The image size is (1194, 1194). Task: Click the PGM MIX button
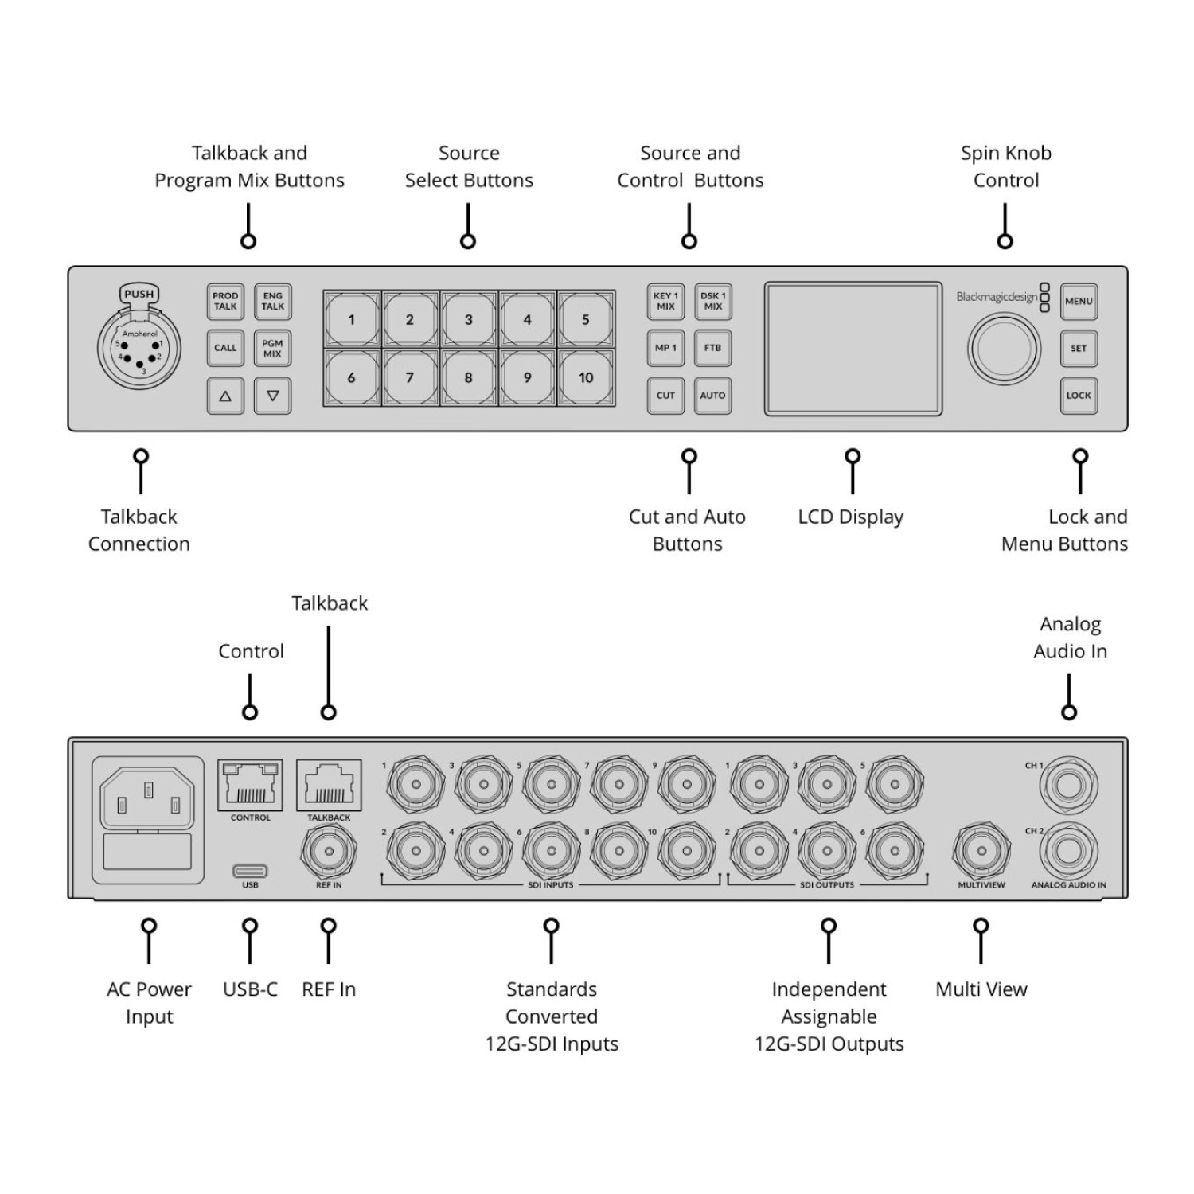click(x=272, y=349)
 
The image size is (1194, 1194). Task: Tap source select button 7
click(x=410, y=378)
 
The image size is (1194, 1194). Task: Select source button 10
click(x=586, y=378)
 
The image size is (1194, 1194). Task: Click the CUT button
click(x=665, y=396)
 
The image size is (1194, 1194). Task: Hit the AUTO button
click(x=712, y=396)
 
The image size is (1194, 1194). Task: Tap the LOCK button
click(x=1079, y=396)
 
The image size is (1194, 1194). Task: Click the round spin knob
click(x=1004, y=349)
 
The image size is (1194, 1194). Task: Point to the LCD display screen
click(x=853, y=349)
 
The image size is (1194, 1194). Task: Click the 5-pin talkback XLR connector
click(x=139, y=349)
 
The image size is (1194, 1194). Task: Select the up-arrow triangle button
click(x=225, y=396)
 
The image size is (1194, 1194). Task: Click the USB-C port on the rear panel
click(x=250, y=871)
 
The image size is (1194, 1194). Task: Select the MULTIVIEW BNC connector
click(x=981, y=851)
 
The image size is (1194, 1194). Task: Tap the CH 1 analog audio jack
click(x=1068, y=785)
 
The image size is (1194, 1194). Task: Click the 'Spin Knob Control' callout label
click(x=1005, y=166)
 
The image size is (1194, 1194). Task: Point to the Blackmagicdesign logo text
click(x=997, y=297)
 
